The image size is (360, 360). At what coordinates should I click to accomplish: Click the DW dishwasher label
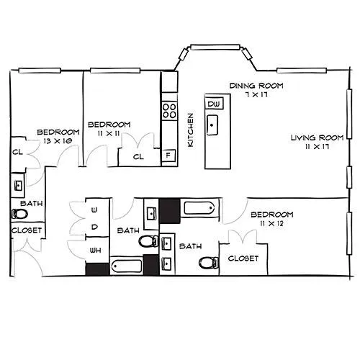(x=214, y=104)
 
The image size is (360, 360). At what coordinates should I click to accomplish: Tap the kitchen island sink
(x=212, y=125)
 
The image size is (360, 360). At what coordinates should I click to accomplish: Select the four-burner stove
(x=169, y=110)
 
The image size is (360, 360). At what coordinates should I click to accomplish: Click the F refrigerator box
(x=168, y=156)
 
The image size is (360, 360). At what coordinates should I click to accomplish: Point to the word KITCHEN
(x=190, y=130)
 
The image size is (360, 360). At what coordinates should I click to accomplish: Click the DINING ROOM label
(x=256, y=86)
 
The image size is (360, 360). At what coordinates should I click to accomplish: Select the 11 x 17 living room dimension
(x=317, y=146)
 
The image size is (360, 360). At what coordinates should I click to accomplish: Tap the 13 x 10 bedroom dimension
(x=58, y=141)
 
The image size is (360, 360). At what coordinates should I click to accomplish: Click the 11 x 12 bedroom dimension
(x=271, y=224)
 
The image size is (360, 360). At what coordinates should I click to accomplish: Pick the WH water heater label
(x=95, y=251)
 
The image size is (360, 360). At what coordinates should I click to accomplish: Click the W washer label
(x=94, y=210)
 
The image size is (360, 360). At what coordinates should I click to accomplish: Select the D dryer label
(x=94, y=227)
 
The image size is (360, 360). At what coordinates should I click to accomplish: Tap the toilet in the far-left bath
(x=19, y=214)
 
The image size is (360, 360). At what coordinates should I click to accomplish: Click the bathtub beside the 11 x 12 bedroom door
(x=199, y=208)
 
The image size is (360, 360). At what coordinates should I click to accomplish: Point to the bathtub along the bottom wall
(x=127, y=266)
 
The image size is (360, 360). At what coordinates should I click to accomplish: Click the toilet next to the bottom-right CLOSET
(x=209, y=263)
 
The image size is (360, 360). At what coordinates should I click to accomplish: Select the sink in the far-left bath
(x=18, y=185)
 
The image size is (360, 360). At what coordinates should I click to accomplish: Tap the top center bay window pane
(x=215, y=48)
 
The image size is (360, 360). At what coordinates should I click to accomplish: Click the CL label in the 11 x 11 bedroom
(x=138, y=157)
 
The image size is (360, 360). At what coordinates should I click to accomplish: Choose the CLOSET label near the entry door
(x=27, y=230)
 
